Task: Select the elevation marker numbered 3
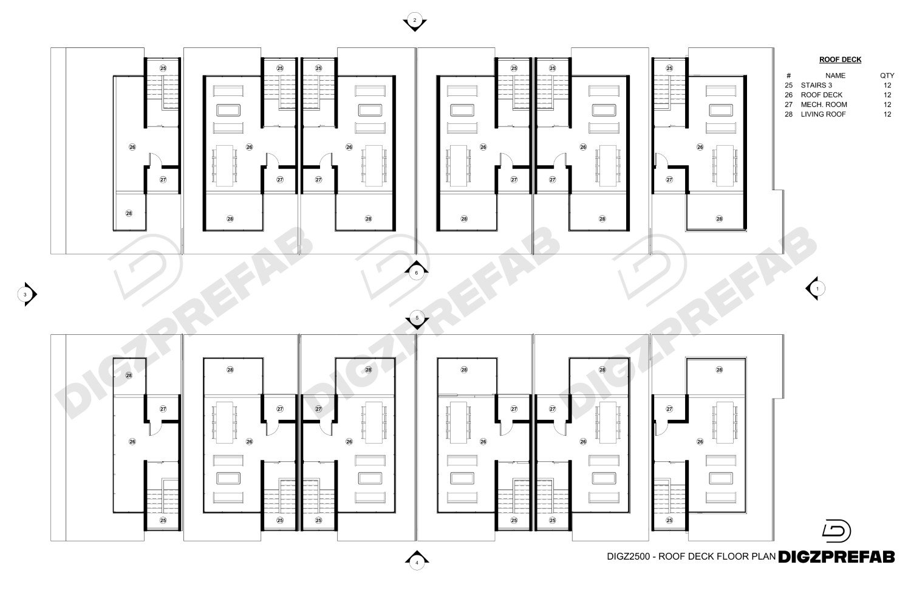pos(27,294)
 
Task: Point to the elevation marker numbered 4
pos(417,561)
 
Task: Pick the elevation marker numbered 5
pos(417,319)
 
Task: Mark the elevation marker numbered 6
pos(416,270)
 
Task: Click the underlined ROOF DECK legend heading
pos(840,60)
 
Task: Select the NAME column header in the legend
pos(835,76)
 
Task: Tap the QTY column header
pos(887,76)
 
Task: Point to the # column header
pos(788,76)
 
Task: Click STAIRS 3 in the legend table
pos(816,86)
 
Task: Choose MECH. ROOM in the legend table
pos(824,105)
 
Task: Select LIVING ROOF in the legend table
pos(823,114)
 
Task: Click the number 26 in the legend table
pos(788,95)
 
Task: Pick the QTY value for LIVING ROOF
pos(887,114)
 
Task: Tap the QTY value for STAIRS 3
pos(887,86)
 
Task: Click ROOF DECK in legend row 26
pos(822,95)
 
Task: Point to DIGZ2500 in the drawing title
pos(629,556)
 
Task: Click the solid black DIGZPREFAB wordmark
pos(836,557)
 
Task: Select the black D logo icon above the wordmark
pos(836,531)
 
